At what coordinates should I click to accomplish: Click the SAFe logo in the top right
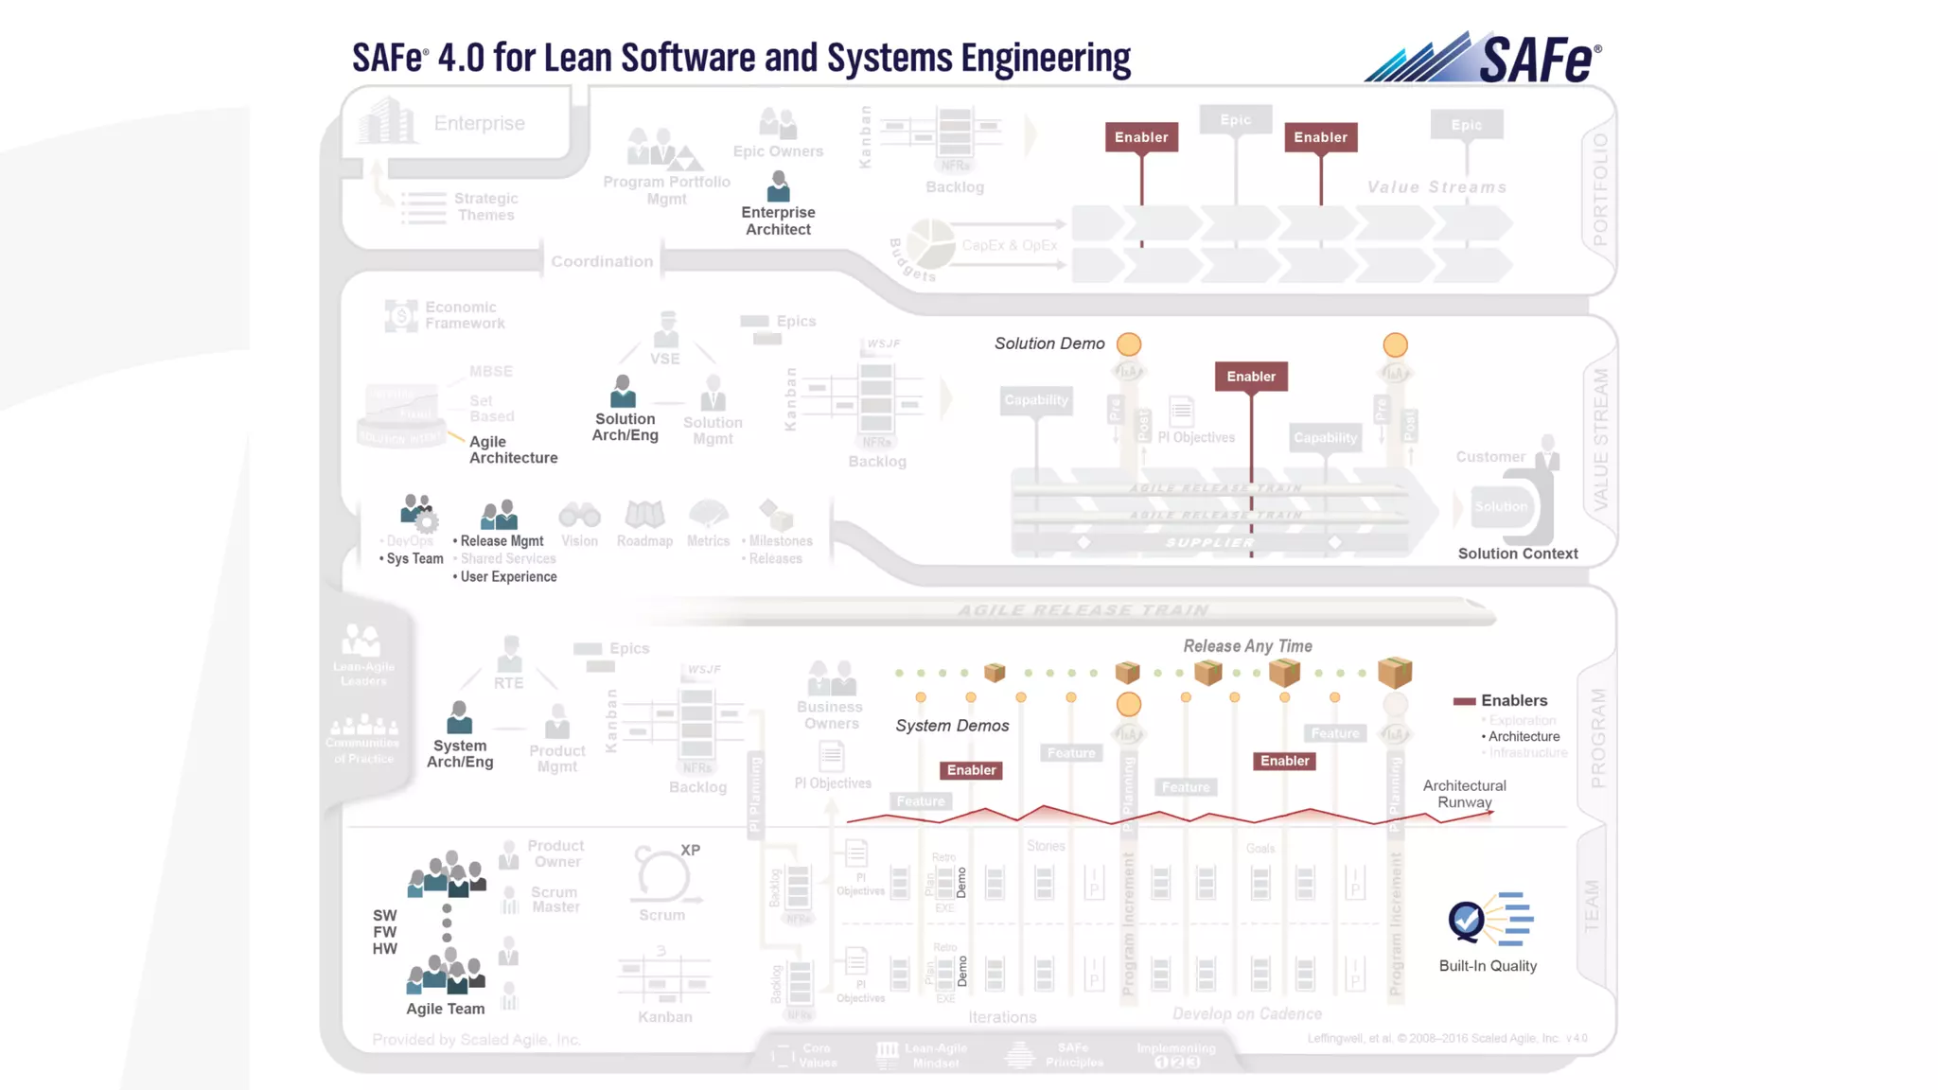coord(1483,59)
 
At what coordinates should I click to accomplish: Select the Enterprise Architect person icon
coord(778,186)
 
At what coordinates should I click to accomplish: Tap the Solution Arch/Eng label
coord(625,427)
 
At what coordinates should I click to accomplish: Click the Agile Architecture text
coord(513,449)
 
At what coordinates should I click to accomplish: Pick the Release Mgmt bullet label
coord(502,541)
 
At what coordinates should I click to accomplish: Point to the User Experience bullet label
coord(508,577)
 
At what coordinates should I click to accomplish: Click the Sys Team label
coord(414,559)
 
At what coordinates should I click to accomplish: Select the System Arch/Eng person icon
coord(459,718)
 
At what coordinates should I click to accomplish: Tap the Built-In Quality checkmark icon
coord(1467,919)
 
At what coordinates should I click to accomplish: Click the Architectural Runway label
coord(1464,794)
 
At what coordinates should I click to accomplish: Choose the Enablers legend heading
coord(1514,701)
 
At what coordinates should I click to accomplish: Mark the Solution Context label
coord(1518,554)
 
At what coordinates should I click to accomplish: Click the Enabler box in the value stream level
coord(1251,377)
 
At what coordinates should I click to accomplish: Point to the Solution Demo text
coord(1049,344)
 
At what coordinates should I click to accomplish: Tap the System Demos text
coord(952,726)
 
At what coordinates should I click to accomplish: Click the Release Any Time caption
coord(1247,646)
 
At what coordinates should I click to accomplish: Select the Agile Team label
coord(445,1010)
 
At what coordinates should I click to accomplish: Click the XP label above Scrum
coord(691,851)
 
